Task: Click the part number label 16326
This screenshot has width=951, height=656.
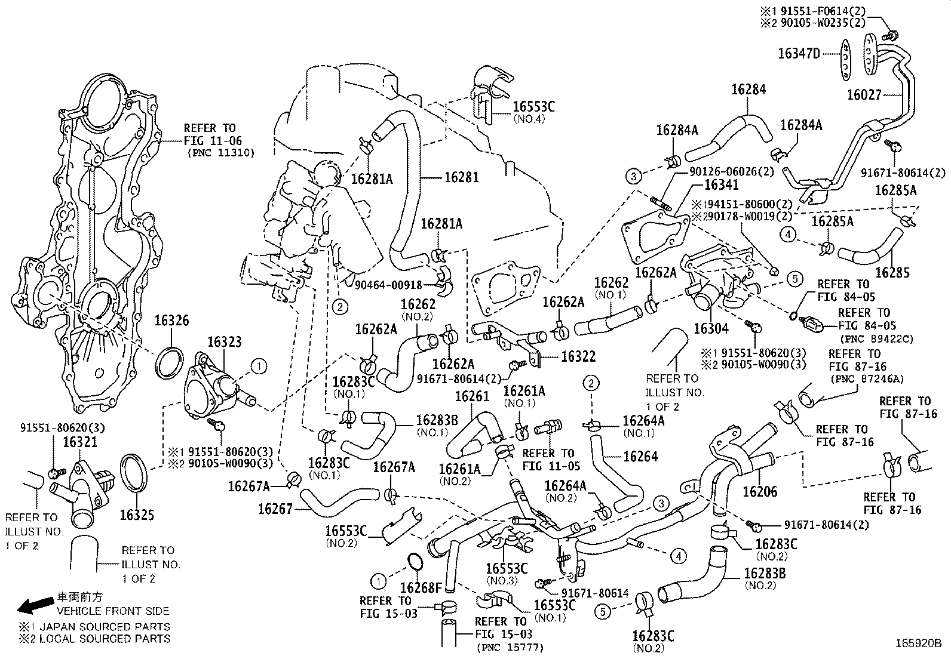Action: click(172, 321)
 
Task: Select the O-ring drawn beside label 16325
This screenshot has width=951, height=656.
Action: click(135, 475)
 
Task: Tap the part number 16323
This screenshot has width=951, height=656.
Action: click(225, 342)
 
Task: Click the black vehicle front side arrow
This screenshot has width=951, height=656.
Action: click(35, 606)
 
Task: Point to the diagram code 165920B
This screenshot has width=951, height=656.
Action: click(918, 643)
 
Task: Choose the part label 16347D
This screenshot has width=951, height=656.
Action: click(799, 54)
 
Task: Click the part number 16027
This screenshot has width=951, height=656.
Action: click(864, 95)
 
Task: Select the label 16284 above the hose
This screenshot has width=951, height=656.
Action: click(748, 90)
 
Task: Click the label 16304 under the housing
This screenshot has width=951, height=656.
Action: click(711, 329)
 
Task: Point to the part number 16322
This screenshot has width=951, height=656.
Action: click(578, 356)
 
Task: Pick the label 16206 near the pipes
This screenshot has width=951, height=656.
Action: click(760, 492)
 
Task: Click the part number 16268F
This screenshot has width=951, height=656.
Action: click(421, 588)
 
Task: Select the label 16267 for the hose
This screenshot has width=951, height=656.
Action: click(275, 509)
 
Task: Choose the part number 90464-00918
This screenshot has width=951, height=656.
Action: click(388, 285)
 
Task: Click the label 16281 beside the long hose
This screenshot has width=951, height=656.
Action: click(461, 177)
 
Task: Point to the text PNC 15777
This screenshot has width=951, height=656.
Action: click(511, 647)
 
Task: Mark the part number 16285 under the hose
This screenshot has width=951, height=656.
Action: click(892, 273)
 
